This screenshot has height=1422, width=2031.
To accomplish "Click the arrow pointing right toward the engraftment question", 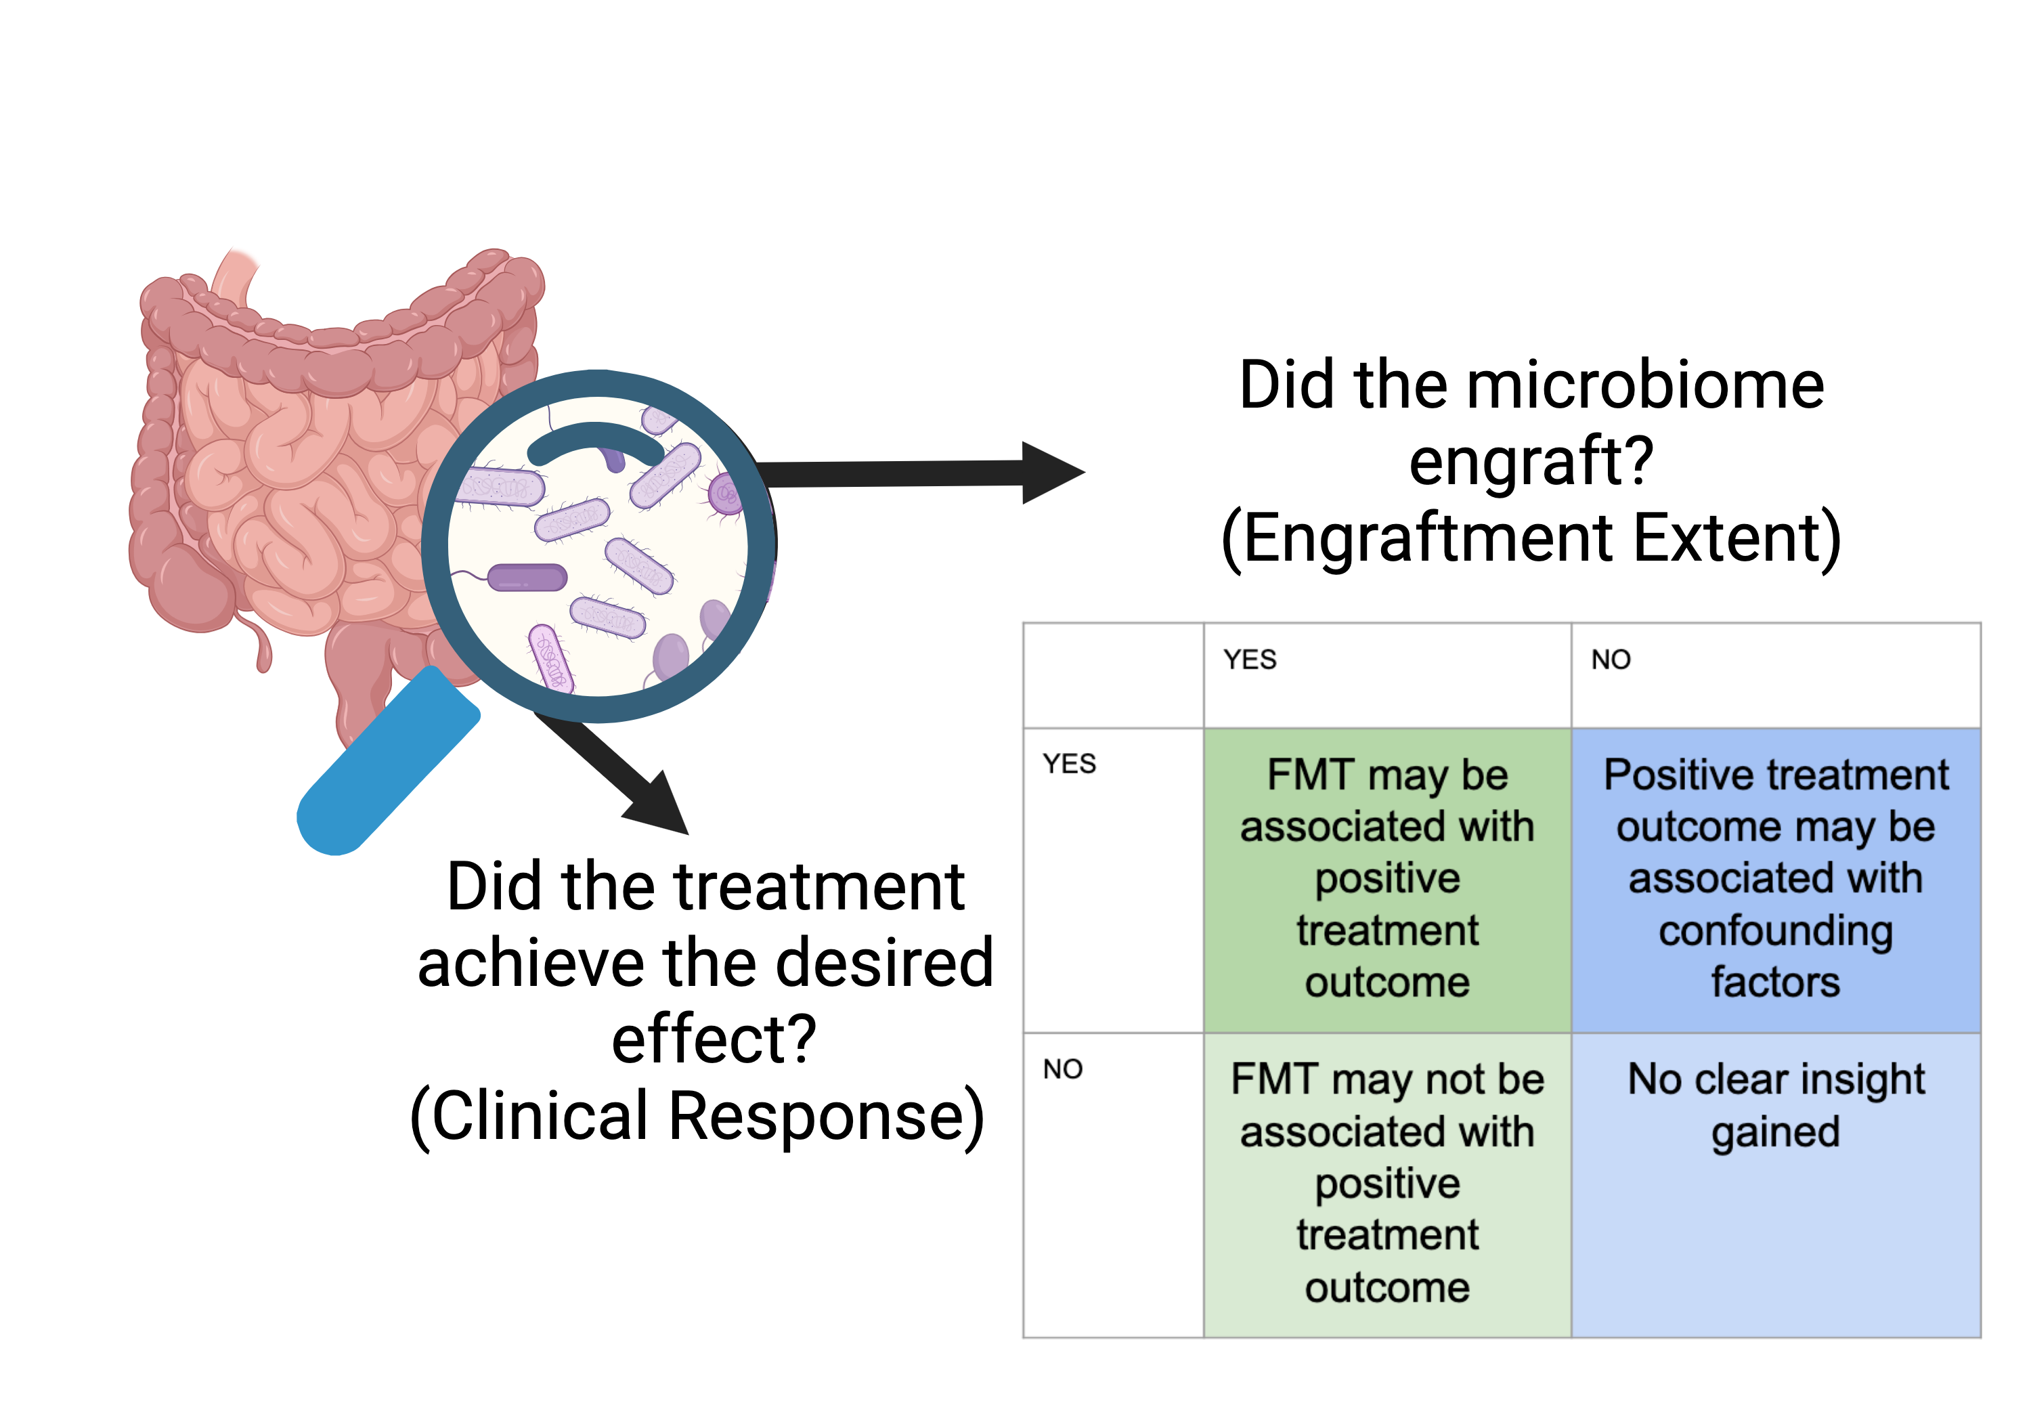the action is pyautogui.click(x=920, y=473).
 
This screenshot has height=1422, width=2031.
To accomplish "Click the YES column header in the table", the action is pyautogui.click(x=1250, y=660).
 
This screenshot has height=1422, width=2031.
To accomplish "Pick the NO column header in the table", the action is pyautogui.click(x=1611, y=660).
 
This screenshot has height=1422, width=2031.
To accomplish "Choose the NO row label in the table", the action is pyautogui.click(x=1062, y=1070).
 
